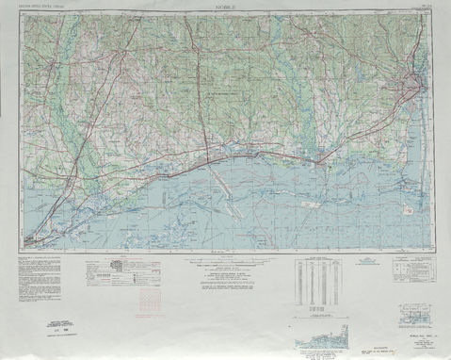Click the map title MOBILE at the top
coord(225,7)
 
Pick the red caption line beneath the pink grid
coord(150,319)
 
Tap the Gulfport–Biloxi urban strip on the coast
coord(235,148)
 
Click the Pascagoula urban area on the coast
coord(324,155)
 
